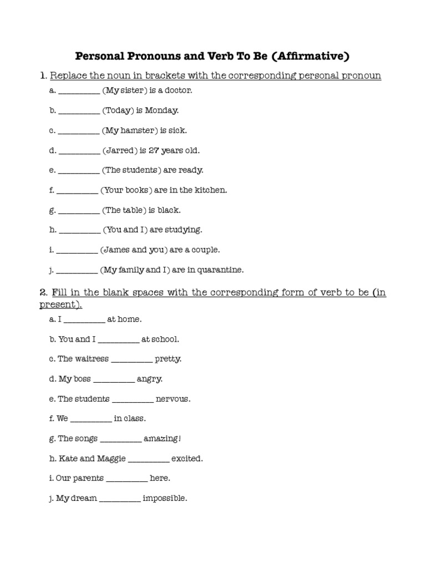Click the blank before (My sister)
pyautogui.click(x=79, y=91)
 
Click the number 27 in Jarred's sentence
pyautogui.click(x=155, y=150)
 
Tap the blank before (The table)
pyautogui.click(x=79, y=211)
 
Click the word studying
pyautogui.click(x=184, y=230)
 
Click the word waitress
pyautogui.click(x=92, y=359)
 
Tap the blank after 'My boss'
pyautogui.click(x=114, y=379)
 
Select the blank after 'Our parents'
pyautogui.click(x=126, y=479)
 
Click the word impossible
pyautogui.click(x=165, y=499)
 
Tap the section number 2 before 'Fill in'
pyautogui.click(x=43, y=293)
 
